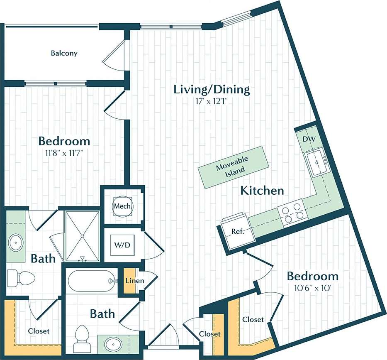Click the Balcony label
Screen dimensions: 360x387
coord(64,54)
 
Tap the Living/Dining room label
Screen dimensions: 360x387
coord(212,89)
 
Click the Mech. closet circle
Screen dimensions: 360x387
coord(123,206)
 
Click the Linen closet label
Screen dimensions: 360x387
coord(134,281)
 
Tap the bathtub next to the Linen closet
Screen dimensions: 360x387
coord(92,281)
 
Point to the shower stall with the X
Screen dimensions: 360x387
coord(82,236)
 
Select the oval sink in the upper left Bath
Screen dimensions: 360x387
coord(16,241)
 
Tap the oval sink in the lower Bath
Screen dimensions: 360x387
coord(112,343)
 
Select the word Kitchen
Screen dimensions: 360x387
coord(262,191)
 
